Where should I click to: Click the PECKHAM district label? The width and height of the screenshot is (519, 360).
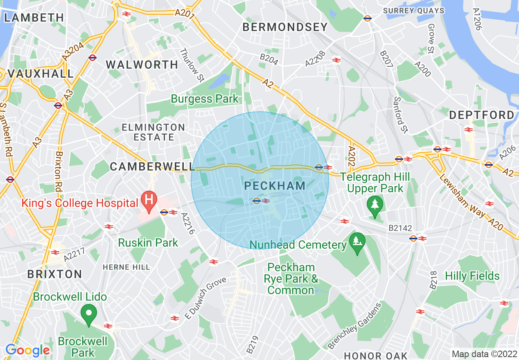coord(275,186)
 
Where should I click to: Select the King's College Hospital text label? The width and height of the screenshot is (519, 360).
coord(80,203)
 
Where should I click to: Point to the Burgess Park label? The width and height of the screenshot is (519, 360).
coord(204,99)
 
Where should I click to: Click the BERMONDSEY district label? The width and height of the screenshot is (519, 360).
coord(285,27)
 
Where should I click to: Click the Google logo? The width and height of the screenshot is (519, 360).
coord(27,350)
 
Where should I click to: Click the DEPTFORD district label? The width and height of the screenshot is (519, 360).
coord(482,115)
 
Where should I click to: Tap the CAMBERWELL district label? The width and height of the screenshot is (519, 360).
coord(152,166)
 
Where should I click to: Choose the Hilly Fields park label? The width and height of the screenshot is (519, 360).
coord(472,276)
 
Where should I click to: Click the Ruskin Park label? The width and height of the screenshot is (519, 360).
coord(148,243)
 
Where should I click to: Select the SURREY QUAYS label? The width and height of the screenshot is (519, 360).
coord(414,11)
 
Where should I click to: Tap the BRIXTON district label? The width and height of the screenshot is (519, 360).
coord(54,274)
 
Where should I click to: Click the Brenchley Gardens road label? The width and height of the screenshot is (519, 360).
coord(354,326)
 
